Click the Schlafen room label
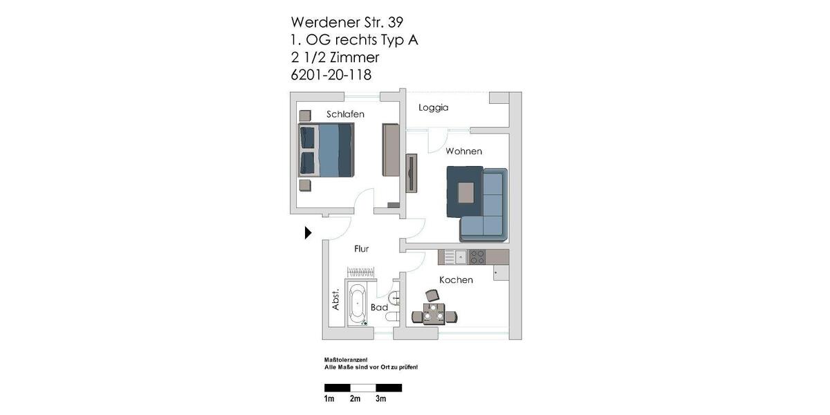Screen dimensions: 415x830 [x=345, y=114]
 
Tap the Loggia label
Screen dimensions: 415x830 [x=434, y=108]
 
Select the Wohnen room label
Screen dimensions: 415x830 [x=463, y=151]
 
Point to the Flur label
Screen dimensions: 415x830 [x=362, y=249]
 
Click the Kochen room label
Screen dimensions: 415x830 [x=456, y=280]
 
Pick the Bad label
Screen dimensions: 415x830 [x=379, y=307]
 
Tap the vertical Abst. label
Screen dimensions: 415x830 [x=336, y=299]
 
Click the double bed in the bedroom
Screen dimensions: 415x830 [x=326, y=150]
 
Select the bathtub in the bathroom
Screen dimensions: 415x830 [x=358, y=304]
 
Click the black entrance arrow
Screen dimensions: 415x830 [x=308, y=233]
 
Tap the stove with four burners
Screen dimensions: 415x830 [x=477, y=257]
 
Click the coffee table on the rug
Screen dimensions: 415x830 [x=466, y=192]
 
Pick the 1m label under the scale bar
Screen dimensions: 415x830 [x=329, y=399]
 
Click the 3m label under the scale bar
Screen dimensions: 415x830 [x=380, y=399]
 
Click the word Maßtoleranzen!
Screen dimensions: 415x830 [x=346, y=360]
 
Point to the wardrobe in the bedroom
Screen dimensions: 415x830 [x=391, y=150]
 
